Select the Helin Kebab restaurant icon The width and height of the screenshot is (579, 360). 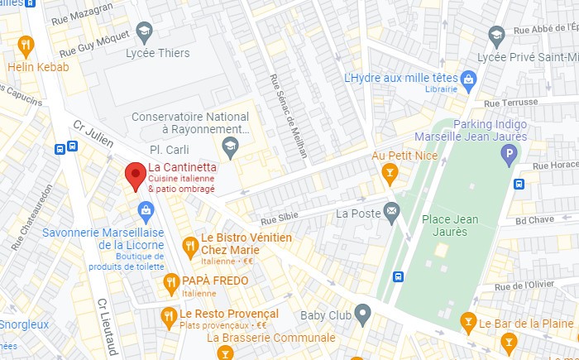click(x=26, y=46)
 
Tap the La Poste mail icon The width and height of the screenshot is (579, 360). click(x=391, y=214)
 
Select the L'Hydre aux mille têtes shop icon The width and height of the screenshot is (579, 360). click(x=469, y=79)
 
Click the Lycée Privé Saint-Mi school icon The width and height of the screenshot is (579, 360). click(x=496, y=36)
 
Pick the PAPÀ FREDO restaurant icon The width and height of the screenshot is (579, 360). click(x=171, y=282)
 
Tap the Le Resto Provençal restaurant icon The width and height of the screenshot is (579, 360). click(x=169, y=315)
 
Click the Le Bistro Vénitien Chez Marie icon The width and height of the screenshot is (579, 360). click(x=190, y=245)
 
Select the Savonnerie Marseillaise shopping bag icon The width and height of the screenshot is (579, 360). click(x=146, y=209)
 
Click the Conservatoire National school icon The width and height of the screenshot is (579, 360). click(x=230, y=147)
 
